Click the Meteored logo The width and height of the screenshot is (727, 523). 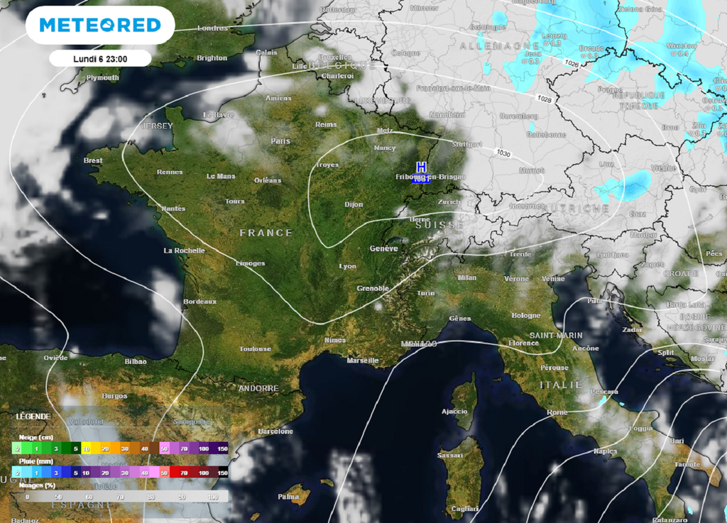click(100, 26)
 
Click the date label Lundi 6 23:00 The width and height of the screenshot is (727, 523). click(100, 59)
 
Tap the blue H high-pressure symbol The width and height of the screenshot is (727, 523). click(421, 167)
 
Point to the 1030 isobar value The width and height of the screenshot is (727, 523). click(503, 153)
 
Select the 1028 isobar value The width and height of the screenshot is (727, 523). click(545, 99)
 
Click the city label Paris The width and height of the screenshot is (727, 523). click(280, 141)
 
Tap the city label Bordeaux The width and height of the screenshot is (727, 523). click(199, 302)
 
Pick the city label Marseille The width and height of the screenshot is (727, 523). click(362, 360)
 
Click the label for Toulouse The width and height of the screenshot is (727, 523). click(255, 349)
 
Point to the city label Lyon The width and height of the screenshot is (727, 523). click(348, 266)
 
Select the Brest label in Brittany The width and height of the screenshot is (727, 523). click(93, 161)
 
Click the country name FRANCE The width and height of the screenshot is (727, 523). click(266, 233)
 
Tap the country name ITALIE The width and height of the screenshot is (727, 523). click(560, 385)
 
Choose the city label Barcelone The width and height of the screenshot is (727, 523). click(275, 431)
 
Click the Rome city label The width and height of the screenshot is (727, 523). click(557, 412)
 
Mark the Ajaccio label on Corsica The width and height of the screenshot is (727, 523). click(454, 412)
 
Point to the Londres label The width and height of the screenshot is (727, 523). click(212, 28)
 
